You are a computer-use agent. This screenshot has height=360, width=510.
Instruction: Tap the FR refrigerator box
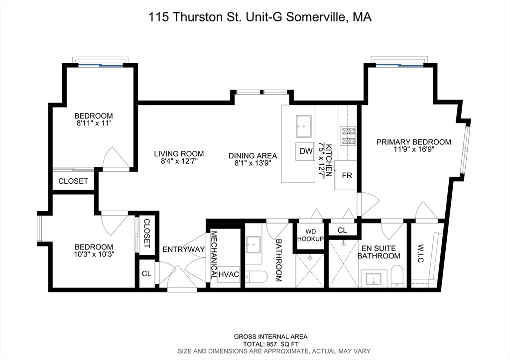coord(347,175)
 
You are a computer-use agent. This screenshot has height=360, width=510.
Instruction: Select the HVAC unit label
coord(229,274)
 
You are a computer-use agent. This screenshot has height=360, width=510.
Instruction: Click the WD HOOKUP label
coord(310,236)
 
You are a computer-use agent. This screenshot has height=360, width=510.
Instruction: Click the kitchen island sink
coord(303,126)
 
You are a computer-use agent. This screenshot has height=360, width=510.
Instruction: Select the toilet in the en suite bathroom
coord(397,276)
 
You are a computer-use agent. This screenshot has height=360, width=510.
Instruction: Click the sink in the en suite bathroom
coord(374,278)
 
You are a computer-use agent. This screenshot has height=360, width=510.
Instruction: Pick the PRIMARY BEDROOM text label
coord(413,142)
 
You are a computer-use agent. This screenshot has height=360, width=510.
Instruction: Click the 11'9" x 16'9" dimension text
coord(413,150)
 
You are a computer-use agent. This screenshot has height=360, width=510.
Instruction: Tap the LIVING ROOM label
coord(178,154)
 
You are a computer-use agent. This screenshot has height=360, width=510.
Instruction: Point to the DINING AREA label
coord(253,154)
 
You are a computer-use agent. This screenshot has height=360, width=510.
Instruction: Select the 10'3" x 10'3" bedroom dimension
coord(94,255)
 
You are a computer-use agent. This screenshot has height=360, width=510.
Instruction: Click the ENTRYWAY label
coord(184,249)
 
